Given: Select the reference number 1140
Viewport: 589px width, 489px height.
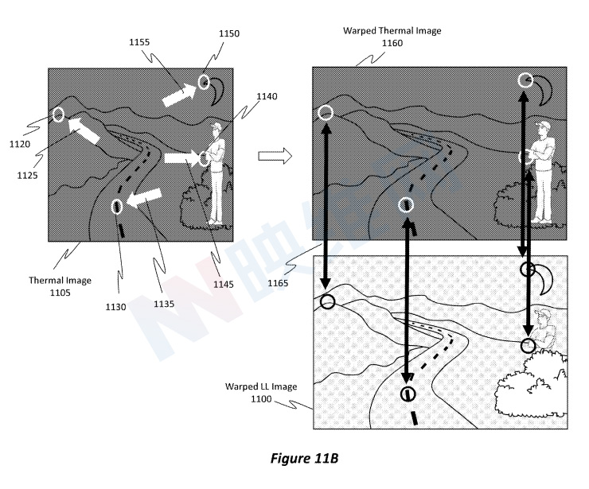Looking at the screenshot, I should pos(267,96).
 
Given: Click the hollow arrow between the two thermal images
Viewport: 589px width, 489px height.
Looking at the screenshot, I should pos(275,157).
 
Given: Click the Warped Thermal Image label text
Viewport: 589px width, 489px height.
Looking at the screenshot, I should pos(392,31).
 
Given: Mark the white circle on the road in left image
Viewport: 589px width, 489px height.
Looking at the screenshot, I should pos(118,207).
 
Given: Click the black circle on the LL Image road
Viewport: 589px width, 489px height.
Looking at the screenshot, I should pos(408,393).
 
